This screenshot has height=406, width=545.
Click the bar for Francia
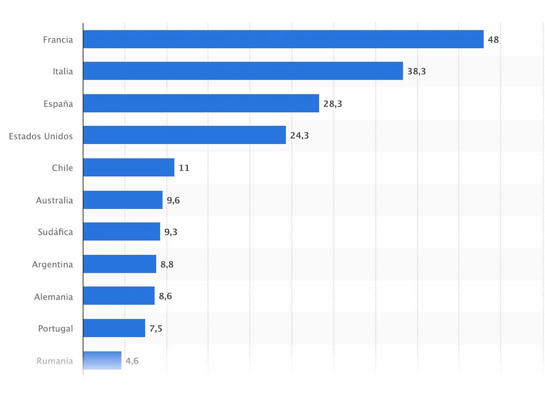coord(283,39)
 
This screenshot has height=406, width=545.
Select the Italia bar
coord(243,71)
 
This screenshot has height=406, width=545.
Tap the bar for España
coord(201,103)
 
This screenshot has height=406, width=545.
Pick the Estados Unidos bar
coord(184,135)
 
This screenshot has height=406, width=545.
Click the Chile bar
coord(129,167)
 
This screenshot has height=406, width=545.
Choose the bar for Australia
coord(123,200)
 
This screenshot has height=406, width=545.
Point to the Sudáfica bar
coord(122,232)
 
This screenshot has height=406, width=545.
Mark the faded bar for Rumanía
coord(102,360)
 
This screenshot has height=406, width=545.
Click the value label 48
coord(493,39)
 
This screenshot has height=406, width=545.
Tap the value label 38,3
coord(416,71)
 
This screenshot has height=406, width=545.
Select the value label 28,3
coord(332,104)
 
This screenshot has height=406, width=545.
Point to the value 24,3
coord(299,136)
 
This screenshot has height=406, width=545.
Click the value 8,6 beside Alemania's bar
coord(165,296)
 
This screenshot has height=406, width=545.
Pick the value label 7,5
coord(156,329)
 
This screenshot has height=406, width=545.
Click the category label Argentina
coord(52,265)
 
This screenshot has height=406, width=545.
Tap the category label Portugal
coord(55,329)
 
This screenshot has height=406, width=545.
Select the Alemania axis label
coord(53,296)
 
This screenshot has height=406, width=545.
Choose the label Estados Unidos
coord(40,136)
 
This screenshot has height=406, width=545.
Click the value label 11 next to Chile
coord(184,168)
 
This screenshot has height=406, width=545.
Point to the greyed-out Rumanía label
coord(55,361)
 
